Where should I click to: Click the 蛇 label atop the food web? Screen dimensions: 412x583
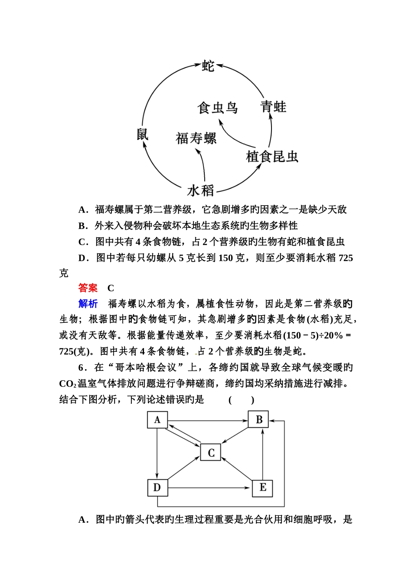[208, 66]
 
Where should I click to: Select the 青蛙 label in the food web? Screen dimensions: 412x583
[273, 107]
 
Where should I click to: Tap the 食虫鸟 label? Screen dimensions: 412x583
[217, 108]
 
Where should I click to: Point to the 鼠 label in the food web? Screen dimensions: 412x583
[143, 134]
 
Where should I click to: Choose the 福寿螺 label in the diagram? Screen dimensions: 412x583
[196, 138]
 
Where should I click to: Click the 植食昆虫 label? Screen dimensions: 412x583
[272, 156]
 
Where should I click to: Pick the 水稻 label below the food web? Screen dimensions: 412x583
[201, 190]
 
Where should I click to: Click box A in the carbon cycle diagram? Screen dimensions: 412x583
[157, 420]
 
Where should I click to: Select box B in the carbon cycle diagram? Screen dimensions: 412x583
[259, 419]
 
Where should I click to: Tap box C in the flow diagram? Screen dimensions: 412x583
[211, 452]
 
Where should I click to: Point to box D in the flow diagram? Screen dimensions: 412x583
[157, 488]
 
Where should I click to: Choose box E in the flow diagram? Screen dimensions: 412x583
[262, 488]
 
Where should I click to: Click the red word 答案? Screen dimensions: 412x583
[88, 288]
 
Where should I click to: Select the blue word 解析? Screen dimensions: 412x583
[88, 304]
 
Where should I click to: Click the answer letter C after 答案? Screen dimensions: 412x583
[111, 288]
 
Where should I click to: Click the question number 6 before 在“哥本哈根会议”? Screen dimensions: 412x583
[81, 368]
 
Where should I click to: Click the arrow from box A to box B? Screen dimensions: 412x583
[208, 420]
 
